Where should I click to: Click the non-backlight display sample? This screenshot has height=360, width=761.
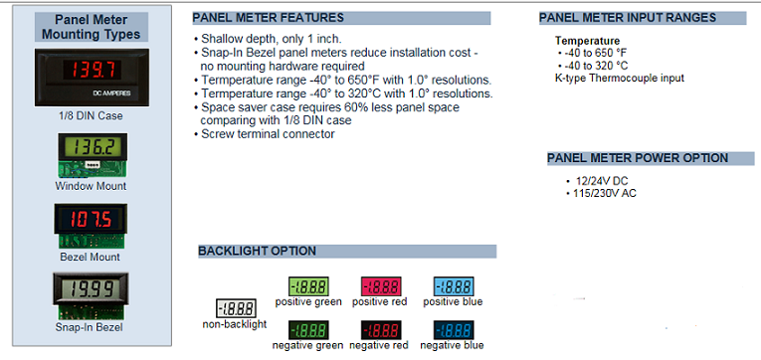coord(236,308)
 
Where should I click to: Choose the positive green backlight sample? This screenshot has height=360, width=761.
coord(307,284)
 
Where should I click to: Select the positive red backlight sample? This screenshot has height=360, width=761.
coord(380,284)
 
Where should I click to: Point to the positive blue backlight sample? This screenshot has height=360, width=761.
coord(452,284)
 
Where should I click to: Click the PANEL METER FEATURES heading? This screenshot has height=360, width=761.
coord(269,18)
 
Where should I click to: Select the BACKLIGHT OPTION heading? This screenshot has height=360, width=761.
coord(257,251)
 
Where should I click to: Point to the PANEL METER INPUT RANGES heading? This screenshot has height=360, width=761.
coord(627,18)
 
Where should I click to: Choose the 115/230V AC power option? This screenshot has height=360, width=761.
coord(600,193)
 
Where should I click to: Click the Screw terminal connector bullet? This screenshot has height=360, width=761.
coord(268,133)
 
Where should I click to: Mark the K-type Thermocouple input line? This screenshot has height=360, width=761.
coord(619,78)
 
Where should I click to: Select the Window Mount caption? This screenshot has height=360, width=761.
coord(91,186)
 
